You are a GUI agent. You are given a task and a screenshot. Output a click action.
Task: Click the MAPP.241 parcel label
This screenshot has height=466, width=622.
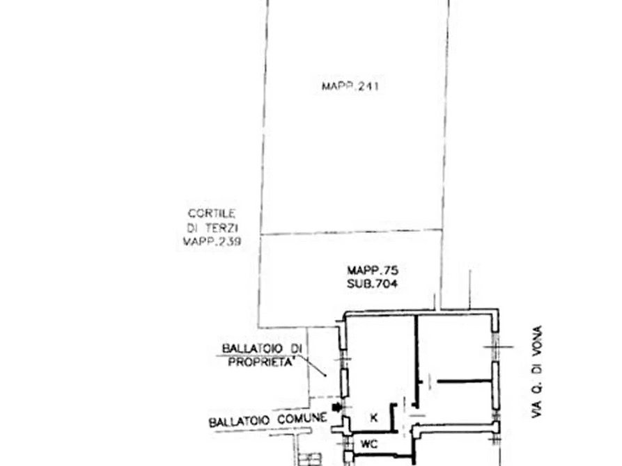(x=350, y=86)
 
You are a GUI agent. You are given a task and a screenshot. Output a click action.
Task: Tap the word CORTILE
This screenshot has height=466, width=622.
(x=212, y=214)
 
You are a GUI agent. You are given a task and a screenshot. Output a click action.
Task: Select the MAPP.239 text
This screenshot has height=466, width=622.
(x=212, y=241)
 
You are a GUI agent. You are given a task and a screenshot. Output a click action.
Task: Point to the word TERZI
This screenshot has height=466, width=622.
(x=221, y=228)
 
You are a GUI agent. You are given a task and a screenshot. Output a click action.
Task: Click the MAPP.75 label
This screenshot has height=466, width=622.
(x=373, y=271)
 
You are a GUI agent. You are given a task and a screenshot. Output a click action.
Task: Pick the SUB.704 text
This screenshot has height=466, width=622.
(x=372, y=284)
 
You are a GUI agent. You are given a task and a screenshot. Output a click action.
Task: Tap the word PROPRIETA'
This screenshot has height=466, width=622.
(x=261, y=362)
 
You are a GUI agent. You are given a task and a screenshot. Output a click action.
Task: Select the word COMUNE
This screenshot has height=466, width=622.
(x=302, y=419)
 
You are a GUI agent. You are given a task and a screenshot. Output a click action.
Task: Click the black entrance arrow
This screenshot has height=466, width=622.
(x=336, y=408)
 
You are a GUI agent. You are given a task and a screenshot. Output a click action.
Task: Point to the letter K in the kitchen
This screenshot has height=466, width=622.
(x=373, y=417)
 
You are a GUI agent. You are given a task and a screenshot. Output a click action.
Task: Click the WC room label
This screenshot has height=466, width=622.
(x=369, y=444)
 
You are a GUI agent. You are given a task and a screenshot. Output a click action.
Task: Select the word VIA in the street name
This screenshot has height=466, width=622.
(x=537, y=408)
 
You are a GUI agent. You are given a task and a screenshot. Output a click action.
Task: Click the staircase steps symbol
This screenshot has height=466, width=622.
(x=310, y=459)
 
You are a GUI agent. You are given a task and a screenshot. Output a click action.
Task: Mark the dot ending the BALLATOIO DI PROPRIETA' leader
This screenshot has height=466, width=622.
(x=326, y=376)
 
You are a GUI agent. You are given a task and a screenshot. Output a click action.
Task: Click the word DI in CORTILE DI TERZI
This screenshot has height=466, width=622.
(x=192, y=228)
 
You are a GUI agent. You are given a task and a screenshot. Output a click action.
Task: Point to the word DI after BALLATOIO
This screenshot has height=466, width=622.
(x=296, y=348)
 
